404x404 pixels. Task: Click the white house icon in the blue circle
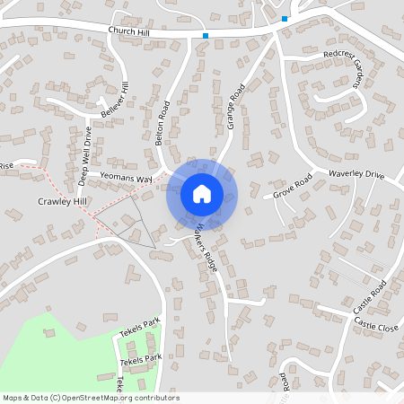(202, 194)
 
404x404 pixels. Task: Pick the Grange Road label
(236, 107)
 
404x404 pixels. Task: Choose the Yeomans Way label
(126, 178)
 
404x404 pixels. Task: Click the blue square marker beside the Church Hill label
(206, 36)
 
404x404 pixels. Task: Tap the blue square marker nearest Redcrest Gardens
(285, 18)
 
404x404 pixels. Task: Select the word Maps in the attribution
(13, 398)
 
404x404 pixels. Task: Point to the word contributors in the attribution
(156, 398)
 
